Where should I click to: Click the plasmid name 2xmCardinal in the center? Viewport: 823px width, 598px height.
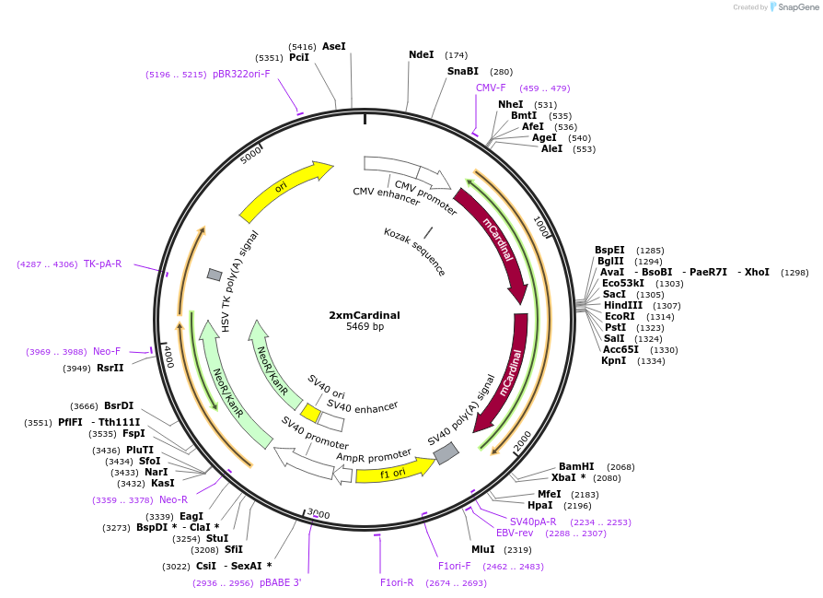tap(365, 314)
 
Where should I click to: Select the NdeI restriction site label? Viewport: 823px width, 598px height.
tap(421, 54)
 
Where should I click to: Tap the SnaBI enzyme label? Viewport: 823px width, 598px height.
tap(463, 71)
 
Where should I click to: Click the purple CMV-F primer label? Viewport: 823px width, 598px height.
tap(491, 88)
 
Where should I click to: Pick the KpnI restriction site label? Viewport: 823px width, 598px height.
tap(614, 360)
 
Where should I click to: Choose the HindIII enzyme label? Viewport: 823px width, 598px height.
tap(623, 305)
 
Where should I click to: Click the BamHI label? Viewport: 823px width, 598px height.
tap(577, 466)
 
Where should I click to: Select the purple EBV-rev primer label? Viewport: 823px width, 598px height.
tap(515, 533)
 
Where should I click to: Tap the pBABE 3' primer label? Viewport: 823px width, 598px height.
tap(280, 582)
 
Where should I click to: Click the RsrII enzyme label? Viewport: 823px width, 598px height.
tap(110, 368)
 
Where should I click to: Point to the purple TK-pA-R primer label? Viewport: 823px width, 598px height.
tap(102, 264)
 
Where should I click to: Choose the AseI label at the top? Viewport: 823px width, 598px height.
tap(334, 46)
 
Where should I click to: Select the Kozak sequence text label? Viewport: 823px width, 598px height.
tap(415, 252)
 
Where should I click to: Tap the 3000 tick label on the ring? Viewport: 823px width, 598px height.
tap(319, 513)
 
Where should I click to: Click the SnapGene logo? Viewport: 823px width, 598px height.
tap(794, 7)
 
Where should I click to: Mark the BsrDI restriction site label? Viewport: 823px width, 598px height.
tap(119, 405)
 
